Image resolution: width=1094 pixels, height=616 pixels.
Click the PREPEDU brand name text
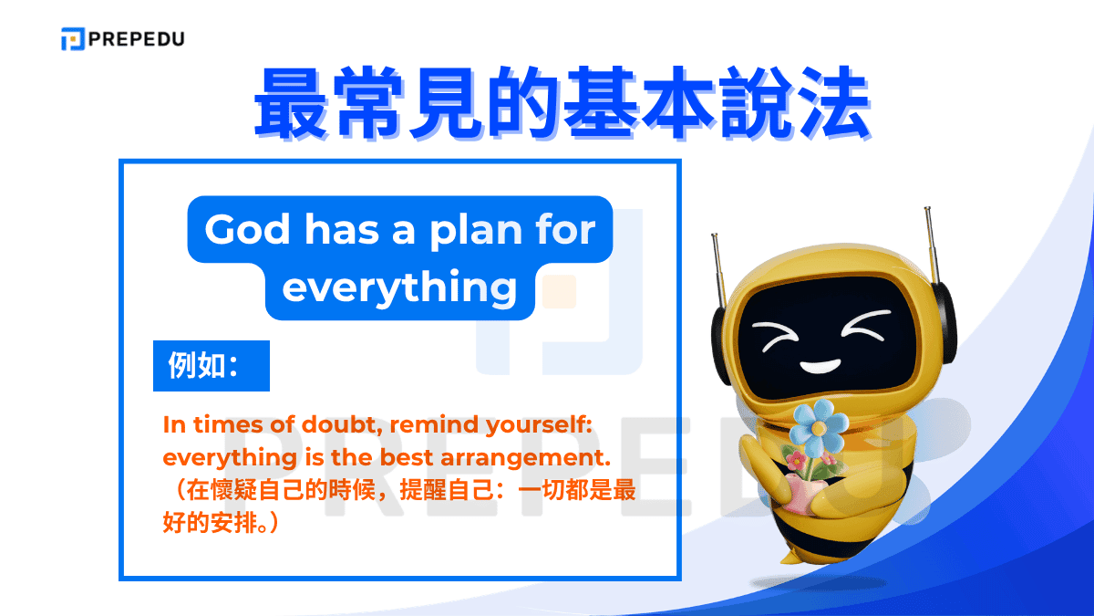[x=136, y=39]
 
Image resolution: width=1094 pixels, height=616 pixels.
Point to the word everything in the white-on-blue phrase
[x=399, y=287]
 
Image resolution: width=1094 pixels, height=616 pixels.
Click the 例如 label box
[x=211, y=366]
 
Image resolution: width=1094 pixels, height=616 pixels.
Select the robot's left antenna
[x=719, y=265]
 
